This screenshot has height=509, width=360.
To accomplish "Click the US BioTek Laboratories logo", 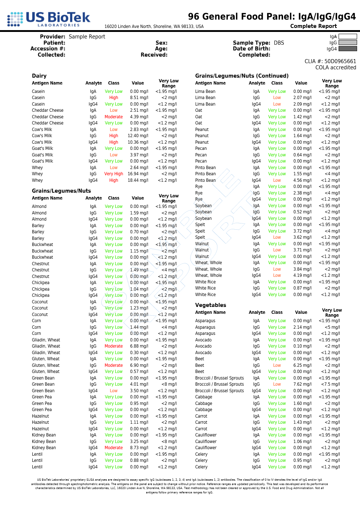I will pyautogui.click(x=49, y=19).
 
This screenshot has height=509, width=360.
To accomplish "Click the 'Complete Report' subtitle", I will pyautogui.click(x=313, y=26).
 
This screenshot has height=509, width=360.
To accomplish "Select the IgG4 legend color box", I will pyautogui.click(x=347, y=49).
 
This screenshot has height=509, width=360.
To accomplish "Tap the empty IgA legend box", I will pyautogui.click(x=347, y=37).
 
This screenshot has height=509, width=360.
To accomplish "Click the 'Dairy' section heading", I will pyautogui.click(x=39, y=76).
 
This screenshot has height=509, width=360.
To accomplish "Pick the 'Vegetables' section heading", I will pyautogui.click(x=210, y=305).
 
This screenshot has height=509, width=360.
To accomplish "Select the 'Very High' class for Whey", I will pyautogui.click(x=114, y=174).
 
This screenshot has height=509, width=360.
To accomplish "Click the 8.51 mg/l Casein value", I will pyautogui.click(x=139, y=98).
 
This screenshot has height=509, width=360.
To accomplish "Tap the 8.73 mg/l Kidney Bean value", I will pyautogui.click(x=139, y=448).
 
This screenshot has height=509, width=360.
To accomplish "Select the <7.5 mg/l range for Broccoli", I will pyautogui.click(x=331, y=384).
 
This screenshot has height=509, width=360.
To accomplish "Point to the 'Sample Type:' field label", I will pyautogui.click(x=251, y=43).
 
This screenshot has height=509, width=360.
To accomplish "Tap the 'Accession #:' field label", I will pyautogui.click(x=48, y=49).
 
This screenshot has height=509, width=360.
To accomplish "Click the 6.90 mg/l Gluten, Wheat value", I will pyautogui.click(x=139, y=365).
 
